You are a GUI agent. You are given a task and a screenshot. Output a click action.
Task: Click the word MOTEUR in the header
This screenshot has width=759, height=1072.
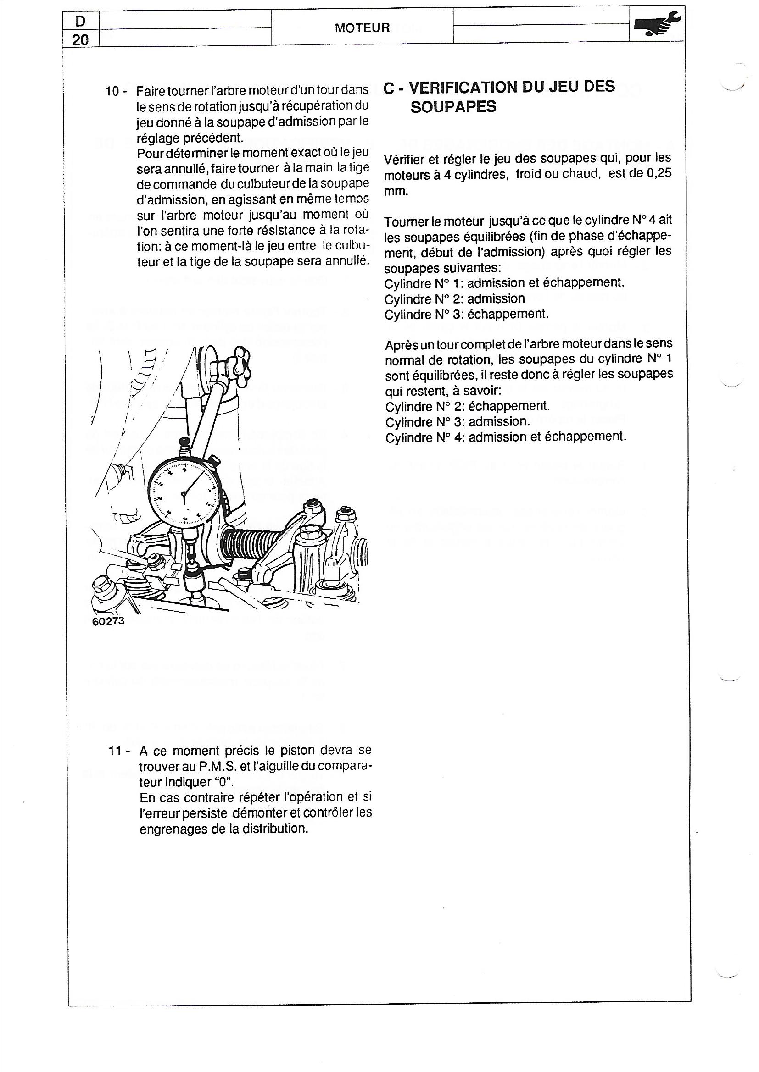tap(362, 28)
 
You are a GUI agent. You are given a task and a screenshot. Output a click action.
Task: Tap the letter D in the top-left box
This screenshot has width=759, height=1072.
tap(80, 21)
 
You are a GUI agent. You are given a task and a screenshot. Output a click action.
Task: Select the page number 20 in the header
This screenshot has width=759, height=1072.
tap(80, 40)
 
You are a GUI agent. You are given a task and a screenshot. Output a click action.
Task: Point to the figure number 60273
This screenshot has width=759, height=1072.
tap(108, 622)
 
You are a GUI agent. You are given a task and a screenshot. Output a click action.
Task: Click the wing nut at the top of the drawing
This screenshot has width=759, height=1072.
tap(238, 361)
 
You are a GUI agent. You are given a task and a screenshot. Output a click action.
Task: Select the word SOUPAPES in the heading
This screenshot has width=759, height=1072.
tap(453, 107)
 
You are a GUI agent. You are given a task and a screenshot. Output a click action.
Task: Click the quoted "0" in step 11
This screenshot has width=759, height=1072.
tap(226, 782)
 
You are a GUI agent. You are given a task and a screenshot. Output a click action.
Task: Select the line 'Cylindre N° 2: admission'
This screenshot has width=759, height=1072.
tap(454, 299)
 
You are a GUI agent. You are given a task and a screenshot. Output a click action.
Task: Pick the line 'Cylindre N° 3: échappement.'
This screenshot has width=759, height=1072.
tap(466, 314)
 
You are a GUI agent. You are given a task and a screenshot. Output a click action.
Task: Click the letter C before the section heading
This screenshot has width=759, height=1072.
tap(389, 88)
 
